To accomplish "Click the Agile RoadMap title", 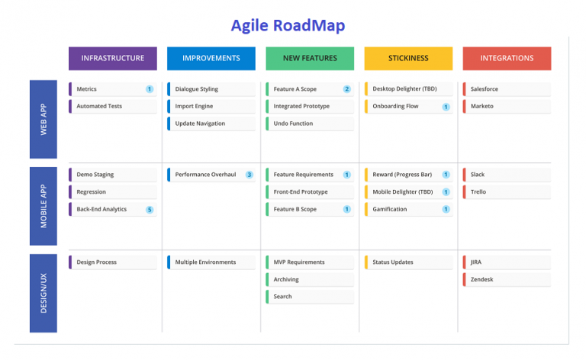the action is pos(288,26).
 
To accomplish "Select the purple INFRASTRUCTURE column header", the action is pos(113,58).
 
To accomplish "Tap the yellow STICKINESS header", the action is pos(408,58).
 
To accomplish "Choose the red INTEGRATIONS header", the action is pos(507,58).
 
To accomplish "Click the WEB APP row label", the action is pos(43,119).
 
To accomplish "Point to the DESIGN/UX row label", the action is pos(43,293).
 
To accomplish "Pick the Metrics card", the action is pos(113,89).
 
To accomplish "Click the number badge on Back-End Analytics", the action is pos(150,210).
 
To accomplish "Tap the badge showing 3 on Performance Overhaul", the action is pos(250,175).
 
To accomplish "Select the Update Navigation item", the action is pos(211,124).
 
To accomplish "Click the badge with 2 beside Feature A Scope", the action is pos(347,89).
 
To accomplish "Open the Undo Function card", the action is pos(310,124).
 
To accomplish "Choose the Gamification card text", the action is pos(389,209).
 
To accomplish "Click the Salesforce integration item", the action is pos(507,89).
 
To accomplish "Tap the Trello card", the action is pos(507,192).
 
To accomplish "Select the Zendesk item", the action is pos(507,279).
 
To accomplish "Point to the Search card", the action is pos(310,297).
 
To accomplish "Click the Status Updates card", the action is pos(408,262).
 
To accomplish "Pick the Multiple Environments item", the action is pos(211,262).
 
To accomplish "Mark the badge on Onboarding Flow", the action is pos(446,107).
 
